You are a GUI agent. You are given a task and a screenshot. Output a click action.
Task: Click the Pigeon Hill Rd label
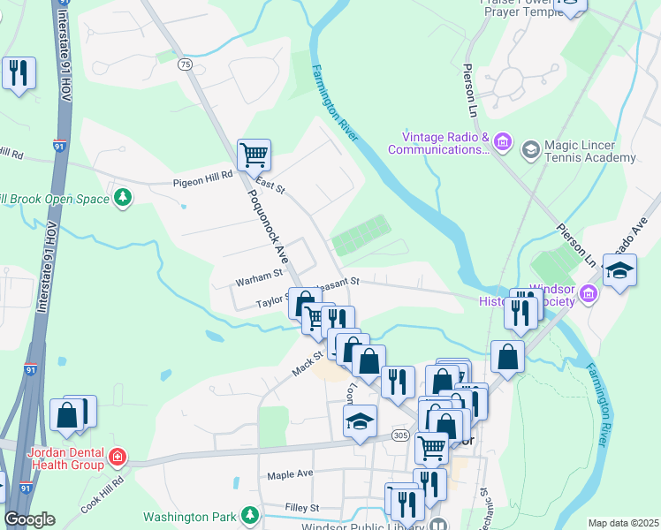[x=202, y=175]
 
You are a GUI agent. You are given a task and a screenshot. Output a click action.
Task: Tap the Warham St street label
[x=257, y=282]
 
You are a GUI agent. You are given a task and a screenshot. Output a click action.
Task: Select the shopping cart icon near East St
[x=254, y=155]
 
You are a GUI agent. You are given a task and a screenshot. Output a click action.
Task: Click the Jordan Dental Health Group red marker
[x=117, y=458]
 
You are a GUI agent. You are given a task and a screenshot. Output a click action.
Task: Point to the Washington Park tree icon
[x=251, y=514]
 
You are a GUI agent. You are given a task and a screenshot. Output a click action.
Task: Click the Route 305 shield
[x=401, y=435]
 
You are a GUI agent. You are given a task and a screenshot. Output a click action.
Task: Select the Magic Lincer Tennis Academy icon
[x=530, y=148]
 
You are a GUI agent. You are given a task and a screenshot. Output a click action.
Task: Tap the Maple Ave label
[x=291, y=474]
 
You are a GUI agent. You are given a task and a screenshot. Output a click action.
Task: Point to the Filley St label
[x=302, y=508]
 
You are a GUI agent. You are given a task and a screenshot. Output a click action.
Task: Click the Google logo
[x=29, y=519]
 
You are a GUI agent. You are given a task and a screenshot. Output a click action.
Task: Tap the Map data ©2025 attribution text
[x=623, y=523]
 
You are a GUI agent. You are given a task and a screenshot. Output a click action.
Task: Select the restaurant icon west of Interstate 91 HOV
[x=18, y=73]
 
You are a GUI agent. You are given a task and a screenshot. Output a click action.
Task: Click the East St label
[x=270, y=188]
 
